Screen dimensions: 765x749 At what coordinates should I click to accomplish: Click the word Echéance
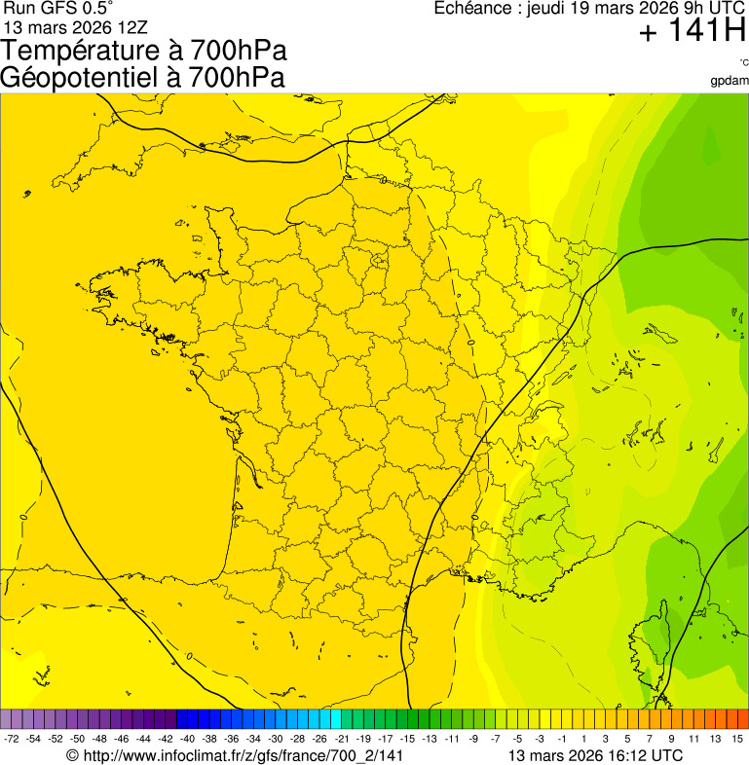[x=470, y=9]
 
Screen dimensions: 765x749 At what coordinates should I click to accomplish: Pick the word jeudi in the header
[x=545, y=9]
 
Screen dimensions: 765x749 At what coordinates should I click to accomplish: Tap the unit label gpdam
[x=730, y=80]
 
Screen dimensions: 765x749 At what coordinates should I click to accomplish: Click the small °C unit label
[x=743, y=63]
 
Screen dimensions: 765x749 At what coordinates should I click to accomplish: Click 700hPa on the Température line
[x=240, y=52]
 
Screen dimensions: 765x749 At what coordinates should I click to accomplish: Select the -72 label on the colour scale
[x=12, y=739]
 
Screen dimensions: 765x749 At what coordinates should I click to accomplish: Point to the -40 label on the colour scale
[x=188, y=739]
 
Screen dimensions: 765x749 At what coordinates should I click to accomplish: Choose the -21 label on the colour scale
[x=342, y=739]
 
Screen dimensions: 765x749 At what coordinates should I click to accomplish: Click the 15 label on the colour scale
[x=739, y=739]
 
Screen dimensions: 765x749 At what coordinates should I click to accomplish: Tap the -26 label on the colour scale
[x=319, y=739]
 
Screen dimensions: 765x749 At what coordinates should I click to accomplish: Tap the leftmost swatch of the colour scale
[x=6, y=719]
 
